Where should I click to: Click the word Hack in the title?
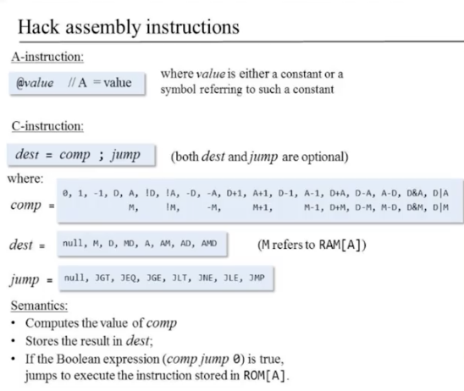click(39, 27)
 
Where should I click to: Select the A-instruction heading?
click(47, 57)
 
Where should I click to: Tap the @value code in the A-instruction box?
click(36, 83)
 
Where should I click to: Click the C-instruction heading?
click(47, 126)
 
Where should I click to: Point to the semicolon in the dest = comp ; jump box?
click(102, 156)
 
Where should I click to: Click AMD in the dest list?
click(209, 244)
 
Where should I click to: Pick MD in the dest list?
click(129, 244)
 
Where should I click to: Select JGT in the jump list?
click(102, 278)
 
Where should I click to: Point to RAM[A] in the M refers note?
click(342, 245)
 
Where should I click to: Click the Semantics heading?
click(39, 306)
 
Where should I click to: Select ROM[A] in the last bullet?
click(265, 376)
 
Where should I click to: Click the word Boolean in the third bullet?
click(78, 359)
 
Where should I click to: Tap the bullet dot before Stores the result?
click(13, 341)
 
